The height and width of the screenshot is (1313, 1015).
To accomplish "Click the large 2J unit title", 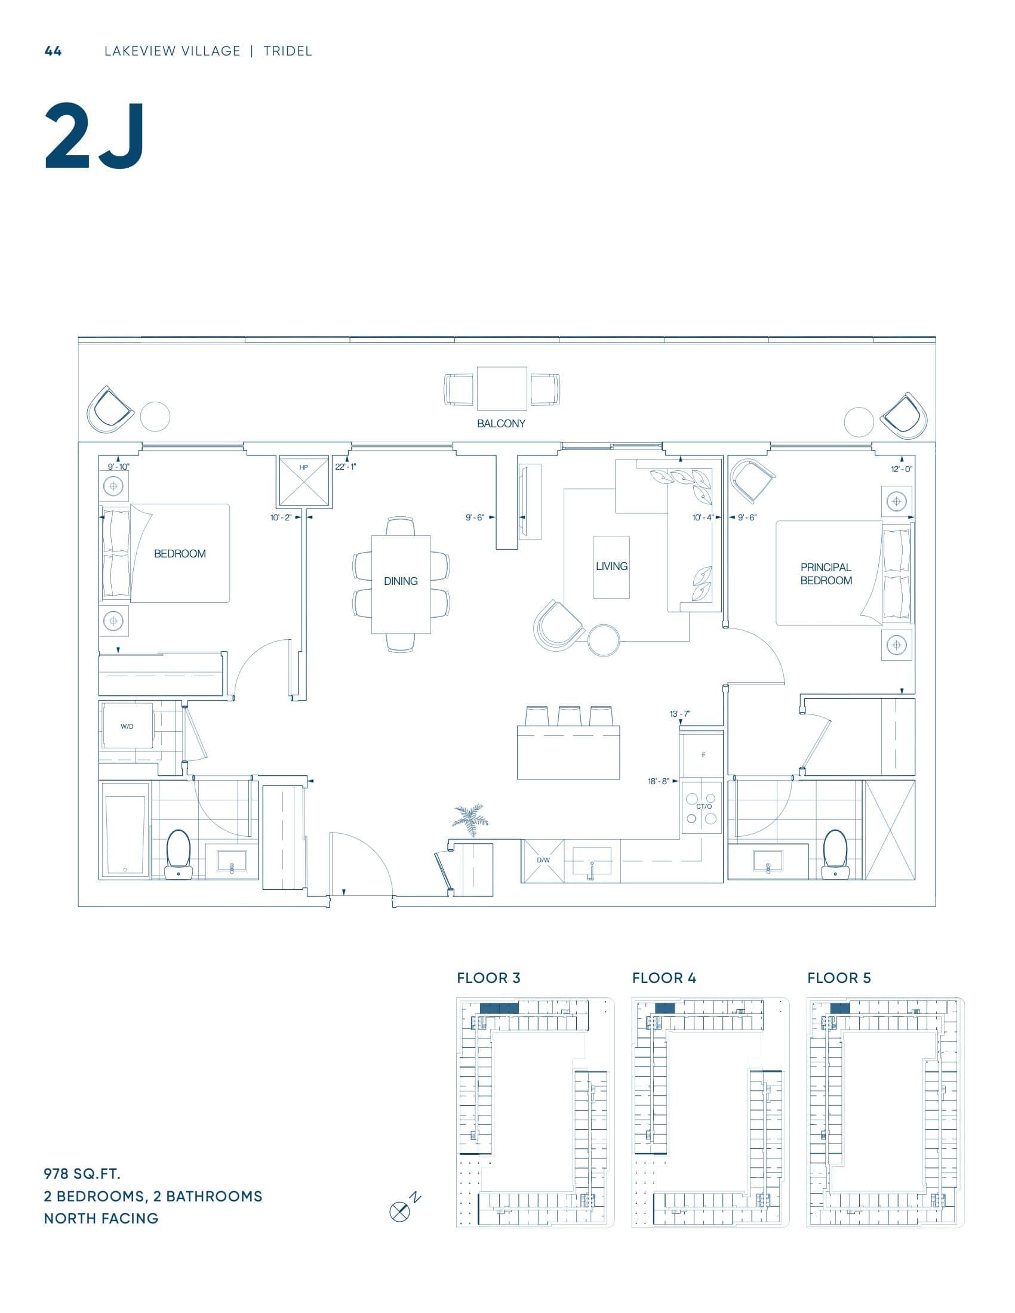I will click(x=94, y=137).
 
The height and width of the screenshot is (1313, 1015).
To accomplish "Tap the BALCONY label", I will click(x=501, y=423).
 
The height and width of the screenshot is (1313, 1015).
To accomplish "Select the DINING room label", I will click(x=401, y=581).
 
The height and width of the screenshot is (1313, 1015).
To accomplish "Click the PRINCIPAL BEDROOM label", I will click(x=826, y=574).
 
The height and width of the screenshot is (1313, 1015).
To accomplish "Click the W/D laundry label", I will click(x=127, y=726).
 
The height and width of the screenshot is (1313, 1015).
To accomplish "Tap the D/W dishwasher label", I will click(x=543, y=860).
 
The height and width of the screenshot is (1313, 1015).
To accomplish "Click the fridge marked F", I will click(x=703, y=755).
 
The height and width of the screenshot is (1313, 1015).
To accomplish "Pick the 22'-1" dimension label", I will click(x=346, y=467).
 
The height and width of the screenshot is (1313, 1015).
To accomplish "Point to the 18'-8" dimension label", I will click(x=659, y=782).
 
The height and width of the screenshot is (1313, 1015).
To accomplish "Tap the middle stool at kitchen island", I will click(x=568, y=716).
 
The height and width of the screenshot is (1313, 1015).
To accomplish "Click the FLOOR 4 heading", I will click(x=664, y=978).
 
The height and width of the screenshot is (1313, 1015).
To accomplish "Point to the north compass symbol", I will click(x=399, y=1212).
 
